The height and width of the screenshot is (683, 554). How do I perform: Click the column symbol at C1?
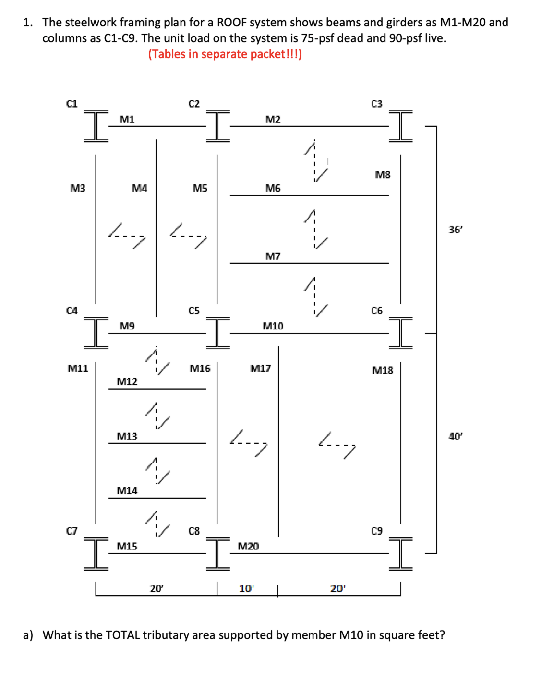click(96, 126)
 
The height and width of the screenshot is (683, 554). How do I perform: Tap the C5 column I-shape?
click(217, 333)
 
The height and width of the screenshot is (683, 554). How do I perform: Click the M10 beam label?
click(273, 326)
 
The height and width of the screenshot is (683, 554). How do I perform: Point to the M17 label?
click(260, 368)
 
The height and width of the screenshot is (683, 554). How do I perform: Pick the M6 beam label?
click(273, 188)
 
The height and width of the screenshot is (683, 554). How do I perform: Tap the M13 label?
click(127, 436)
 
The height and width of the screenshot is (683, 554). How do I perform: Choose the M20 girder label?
click(248, 546)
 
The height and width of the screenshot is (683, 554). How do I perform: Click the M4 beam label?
click(139, 188)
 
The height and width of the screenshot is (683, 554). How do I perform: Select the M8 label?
click(383, 175)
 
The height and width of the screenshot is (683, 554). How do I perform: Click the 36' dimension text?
click(455, 230)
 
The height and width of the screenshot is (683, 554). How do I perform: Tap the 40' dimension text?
click(455, 436)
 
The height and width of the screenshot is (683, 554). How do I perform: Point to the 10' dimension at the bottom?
click(246, 589)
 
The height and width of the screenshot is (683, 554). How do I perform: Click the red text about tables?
click(225, 54)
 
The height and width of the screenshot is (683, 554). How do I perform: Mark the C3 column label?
click(376, 104)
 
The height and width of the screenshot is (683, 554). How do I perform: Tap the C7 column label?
click(72, 531)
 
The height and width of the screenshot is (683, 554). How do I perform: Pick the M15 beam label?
click(127, 546)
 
